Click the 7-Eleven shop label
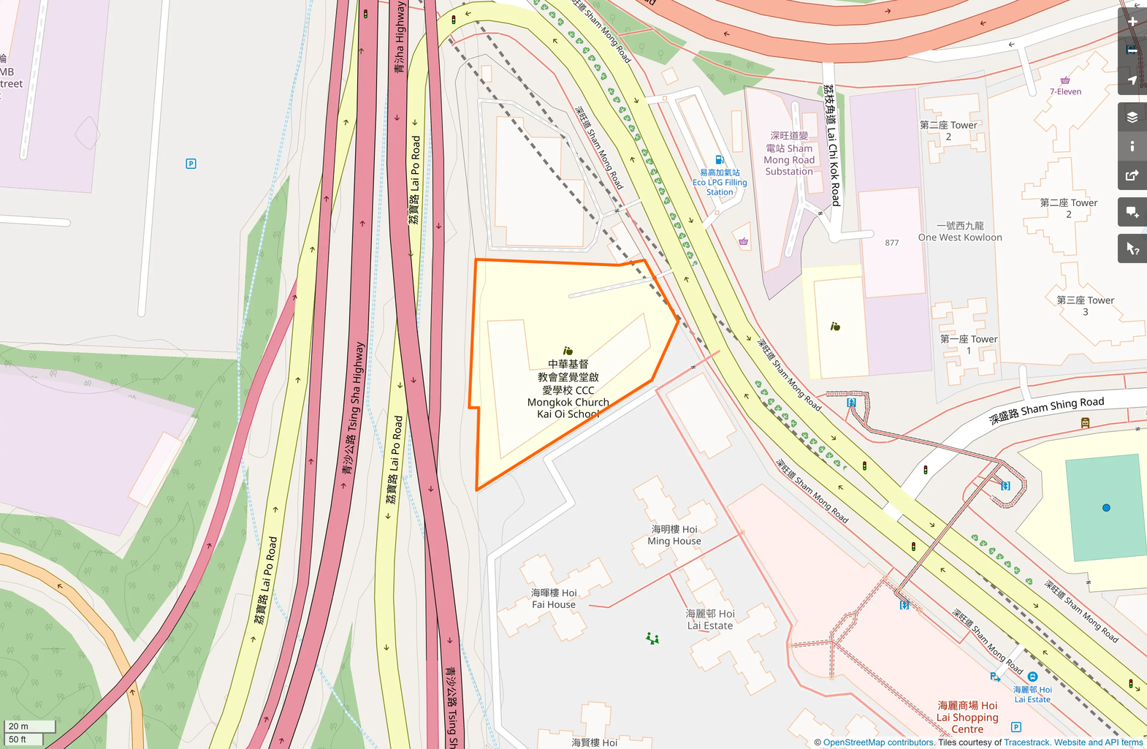click(x=1065, y=91)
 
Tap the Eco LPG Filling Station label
click(x=720, y=183)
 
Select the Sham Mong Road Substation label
click(x=789, y=153)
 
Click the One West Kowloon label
click(x=960, y=232)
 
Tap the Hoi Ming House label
click(x=674, y=535)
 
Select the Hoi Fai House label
click(x=554, y=598)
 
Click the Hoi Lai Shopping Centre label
click(x=967, y=717)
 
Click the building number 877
click(x=892, y=243)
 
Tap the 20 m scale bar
click(x=29, y=726)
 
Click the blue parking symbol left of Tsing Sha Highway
click(x=191, y=164)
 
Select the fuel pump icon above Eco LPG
click(x=720, y=160)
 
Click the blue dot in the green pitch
click(x=1106, y=508)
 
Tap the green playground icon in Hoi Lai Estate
click(x=652, y=639)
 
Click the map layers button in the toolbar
click(x=1132, y=117)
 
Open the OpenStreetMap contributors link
click(x=878, y=742)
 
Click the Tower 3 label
click(x=1086, y=305)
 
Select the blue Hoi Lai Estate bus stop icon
click(x=1032, y=677)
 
